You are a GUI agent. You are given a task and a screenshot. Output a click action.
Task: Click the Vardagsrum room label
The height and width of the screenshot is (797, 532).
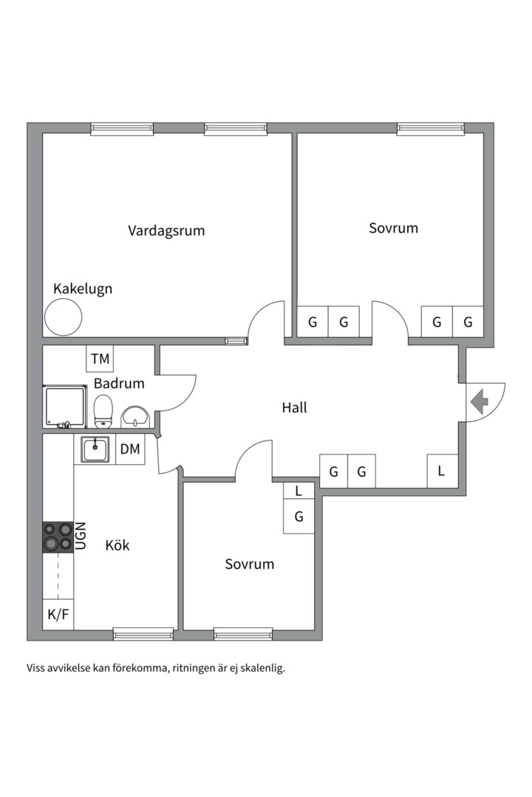(166, 230)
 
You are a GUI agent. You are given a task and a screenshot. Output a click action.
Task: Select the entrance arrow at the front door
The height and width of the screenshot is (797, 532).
(480, 402)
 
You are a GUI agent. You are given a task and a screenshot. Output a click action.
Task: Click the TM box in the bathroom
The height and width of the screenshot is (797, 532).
(100, 359)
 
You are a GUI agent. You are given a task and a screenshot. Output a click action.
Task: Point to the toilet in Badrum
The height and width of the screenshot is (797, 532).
(103, 411)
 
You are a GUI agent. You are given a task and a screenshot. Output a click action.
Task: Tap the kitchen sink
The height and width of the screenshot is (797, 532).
(95, 449)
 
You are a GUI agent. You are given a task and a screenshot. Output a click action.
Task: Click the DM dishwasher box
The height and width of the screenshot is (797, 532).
(130, 449)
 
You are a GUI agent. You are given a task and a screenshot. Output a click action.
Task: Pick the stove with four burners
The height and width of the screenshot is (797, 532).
(58, 536)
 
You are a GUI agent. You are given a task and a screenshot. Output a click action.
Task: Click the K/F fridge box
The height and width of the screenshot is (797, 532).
(58, 614)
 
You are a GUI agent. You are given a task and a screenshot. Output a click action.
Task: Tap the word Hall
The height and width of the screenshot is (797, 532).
(294, 407)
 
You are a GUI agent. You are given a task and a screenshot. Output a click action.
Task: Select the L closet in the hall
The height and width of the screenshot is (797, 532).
(441, 471)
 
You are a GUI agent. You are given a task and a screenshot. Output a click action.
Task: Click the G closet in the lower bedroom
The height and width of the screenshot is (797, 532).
(299, 517)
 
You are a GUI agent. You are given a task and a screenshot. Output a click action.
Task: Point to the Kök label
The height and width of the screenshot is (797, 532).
(117, 545)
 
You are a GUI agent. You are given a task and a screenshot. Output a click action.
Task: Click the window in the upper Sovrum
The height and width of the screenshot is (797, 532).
(430, 129)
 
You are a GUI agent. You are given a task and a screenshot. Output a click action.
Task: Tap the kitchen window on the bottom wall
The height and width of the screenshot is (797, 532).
(143, 633)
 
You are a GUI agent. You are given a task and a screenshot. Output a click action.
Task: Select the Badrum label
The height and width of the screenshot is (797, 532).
(119, 384)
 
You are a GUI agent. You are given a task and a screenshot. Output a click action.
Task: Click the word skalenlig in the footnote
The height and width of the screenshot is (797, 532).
(261, 669)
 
